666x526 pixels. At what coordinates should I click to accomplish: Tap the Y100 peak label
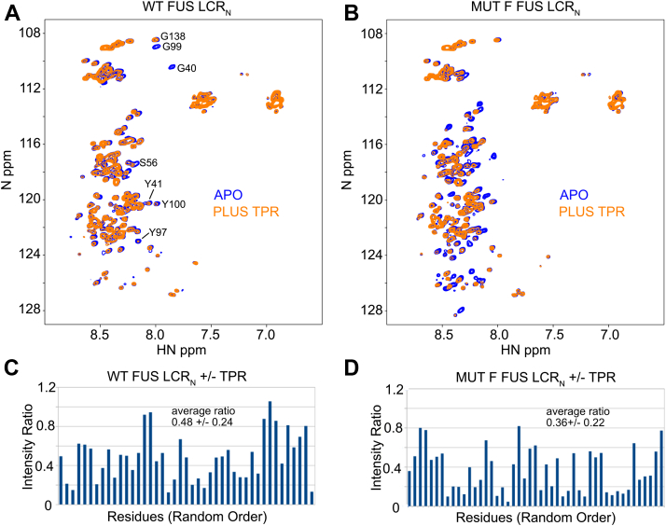coord(173,204)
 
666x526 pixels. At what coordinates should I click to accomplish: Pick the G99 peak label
coord(172,47)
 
